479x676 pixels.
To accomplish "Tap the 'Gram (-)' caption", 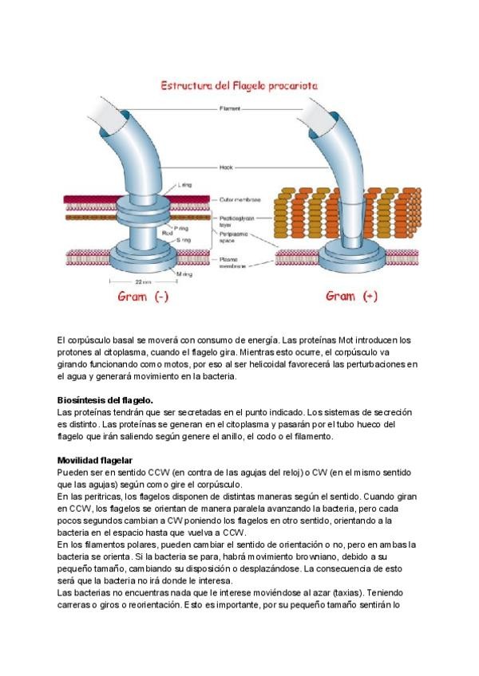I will pyautogui.click(x=143, y=297).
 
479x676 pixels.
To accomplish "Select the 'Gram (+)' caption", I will pyautogui.click(x=351, y=297).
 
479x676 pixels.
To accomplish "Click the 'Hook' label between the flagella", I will pyautogui.click(x=226, y=167).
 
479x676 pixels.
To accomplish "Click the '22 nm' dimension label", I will pyautogui.click(x=144, y=283).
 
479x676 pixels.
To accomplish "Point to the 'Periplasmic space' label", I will pyautogui.click(x=235, y=238).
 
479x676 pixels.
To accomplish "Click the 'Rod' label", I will pyautogui.click(x=167, y=233).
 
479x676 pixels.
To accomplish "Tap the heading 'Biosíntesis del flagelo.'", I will pyautogui.click(x=105, y=399).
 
